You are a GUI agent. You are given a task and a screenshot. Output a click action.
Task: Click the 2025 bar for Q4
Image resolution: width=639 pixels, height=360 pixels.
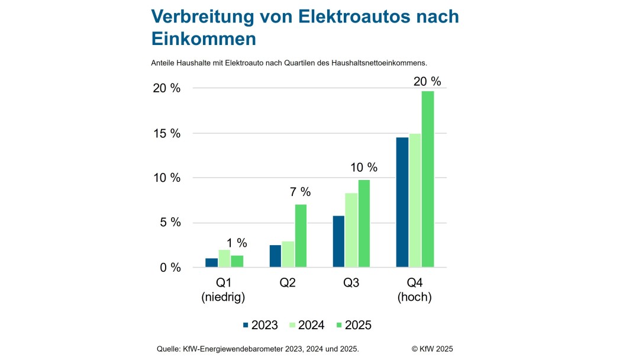click(428, 179)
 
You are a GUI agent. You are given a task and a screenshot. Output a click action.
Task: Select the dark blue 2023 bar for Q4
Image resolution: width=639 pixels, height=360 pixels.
click(402, 202)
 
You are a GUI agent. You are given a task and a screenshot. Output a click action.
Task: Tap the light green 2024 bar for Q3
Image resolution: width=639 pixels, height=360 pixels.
click(351, 230)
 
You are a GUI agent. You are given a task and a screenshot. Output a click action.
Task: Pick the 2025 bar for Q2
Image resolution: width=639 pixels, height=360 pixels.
click(301, 236)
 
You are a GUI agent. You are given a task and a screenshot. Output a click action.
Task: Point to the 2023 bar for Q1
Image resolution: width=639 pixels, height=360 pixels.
click(211, 262)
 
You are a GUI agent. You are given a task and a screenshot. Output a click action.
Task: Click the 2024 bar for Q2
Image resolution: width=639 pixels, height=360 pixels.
click(288, 254)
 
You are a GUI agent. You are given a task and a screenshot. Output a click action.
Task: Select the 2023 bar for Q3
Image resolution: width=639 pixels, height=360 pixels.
click(338, 241)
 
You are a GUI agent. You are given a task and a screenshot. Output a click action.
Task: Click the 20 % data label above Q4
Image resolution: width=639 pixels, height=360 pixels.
click(428, 82)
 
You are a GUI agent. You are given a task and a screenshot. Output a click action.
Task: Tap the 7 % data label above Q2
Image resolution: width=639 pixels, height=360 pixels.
click(300, 192)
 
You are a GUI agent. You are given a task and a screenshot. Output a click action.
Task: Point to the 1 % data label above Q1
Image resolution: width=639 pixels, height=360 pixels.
click(237, 243)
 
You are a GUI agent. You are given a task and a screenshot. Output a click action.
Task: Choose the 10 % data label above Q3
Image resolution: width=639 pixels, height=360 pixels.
click(363, 168)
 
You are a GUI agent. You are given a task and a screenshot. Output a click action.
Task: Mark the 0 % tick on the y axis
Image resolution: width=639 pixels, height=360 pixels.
click(170, 268)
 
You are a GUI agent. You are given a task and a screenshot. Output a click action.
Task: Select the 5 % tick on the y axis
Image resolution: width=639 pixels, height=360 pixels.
click(170, 223)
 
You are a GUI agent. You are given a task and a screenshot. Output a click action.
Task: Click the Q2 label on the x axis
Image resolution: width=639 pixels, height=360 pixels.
click(288, 283)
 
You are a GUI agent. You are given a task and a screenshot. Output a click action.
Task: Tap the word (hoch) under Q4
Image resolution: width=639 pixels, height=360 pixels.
click(415, 297)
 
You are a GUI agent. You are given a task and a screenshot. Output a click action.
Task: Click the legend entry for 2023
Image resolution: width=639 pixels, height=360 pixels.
click(260, 325)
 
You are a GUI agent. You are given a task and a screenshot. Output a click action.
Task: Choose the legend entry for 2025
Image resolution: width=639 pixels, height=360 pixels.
click(353, 325)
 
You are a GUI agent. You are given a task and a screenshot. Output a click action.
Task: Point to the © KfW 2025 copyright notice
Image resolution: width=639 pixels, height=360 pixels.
click(432, 349)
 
